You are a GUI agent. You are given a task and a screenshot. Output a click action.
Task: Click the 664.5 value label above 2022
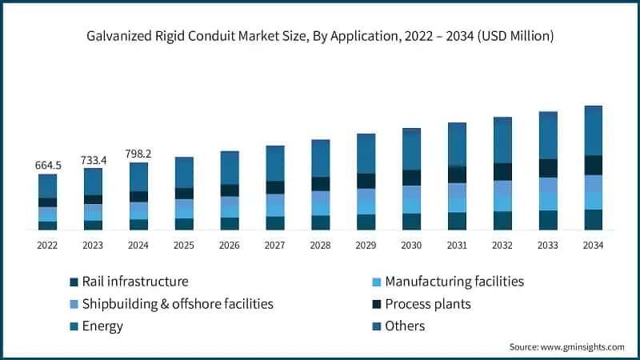[48, 165]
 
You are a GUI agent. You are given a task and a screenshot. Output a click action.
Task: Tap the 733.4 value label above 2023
[94, 160]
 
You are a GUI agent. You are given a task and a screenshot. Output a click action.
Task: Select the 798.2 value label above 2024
[138, 154]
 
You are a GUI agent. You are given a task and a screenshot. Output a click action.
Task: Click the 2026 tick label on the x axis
[230, 245]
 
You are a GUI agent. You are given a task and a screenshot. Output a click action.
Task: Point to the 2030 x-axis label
[411, 245]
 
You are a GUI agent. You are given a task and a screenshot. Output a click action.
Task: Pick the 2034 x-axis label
[593, 245]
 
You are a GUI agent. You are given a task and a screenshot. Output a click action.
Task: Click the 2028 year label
[320, 245]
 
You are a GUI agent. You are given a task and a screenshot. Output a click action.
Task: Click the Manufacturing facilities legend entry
[454, 282]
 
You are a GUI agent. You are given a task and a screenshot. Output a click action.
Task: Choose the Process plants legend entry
[428, 304]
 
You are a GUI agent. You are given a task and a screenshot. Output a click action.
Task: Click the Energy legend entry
[102, 326]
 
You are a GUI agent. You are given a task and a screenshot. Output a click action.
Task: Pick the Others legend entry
[405, 326]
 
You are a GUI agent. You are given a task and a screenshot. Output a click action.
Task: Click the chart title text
[320, 36]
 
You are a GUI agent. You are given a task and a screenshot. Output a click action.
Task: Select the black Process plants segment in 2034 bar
[593, 165]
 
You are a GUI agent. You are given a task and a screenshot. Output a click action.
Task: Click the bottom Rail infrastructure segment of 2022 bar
[48, 226]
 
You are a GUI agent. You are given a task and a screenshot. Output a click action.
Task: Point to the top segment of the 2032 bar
[502, 140]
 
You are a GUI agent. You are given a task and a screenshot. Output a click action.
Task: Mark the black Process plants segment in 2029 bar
[366, 181]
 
